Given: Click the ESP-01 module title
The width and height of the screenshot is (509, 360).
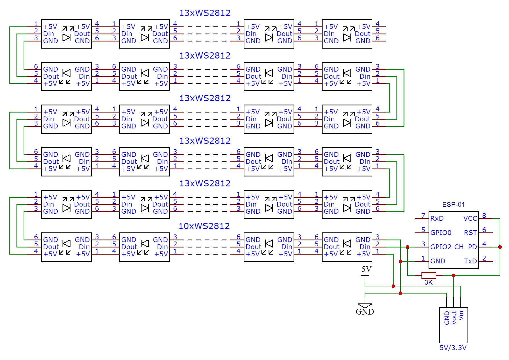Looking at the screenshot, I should click(x=453, y=205).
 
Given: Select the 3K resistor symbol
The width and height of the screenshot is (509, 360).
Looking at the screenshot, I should click(x=429, y=275).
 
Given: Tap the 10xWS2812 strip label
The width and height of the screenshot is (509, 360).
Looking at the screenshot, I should click(x=204, y=226).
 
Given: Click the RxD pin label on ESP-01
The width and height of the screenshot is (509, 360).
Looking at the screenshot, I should click(x=437, y=219).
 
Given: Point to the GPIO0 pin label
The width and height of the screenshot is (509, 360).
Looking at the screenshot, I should click(x=441, y=233).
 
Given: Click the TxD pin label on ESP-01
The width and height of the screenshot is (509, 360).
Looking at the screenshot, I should click(x=470, y=261).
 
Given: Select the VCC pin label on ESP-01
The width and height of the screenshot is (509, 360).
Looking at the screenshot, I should click(x=470, y=219).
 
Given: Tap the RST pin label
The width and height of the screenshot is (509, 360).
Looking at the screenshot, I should click(x=470, y=233).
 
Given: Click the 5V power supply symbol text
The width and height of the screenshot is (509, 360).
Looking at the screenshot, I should click(x=366, y=269).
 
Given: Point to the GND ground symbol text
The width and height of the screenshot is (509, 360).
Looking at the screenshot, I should click(x=365, y=312).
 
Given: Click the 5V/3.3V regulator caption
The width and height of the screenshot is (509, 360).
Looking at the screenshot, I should click(x=453, y=348).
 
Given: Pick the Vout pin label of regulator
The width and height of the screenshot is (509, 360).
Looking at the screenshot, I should click(x=454, y=317).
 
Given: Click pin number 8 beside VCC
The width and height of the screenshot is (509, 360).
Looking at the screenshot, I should click(x=484, y=216).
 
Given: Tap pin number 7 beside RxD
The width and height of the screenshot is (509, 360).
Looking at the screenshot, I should click(x=423, y=216).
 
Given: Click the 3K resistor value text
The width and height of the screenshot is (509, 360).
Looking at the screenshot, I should click(x=428, y=282).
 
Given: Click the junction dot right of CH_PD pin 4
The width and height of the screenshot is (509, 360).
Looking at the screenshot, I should click(x=500, y=247).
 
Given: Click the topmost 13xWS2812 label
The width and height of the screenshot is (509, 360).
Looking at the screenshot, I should click(x=205, y=13).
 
